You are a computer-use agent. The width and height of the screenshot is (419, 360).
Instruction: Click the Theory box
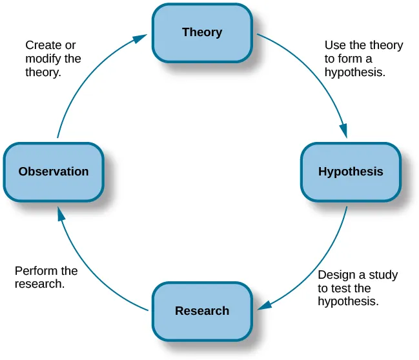201,33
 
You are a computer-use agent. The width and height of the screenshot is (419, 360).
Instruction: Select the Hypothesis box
350,172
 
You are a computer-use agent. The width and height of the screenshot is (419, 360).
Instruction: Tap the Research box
201,311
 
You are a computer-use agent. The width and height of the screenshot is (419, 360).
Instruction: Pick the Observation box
54,172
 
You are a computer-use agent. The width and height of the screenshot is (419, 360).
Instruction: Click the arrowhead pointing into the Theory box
140,39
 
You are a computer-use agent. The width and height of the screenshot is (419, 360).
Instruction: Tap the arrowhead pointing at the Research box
264,304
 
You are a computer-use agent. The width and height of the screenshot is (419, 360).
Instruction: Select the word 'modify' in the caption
43,59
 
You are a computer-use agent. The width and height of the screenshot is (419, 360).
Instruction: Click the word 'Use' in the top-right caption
334,45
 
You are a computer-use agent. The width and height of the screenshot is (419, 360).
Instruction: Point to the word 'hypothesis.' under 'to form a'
354,72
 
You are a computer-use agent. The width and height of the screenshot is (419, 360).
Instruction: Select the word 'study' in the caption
383,275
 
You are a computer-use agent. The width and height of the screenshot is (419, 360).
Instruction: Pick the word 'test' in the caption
341,288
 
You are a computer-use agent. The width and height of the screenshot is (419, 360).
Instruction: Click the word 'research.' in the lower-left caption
39,284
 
